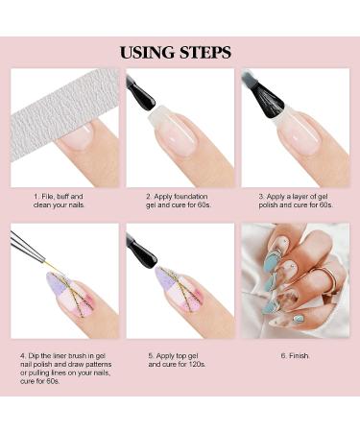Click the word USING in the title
(147, 52)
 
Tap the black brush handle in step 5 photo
(140, 250)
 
